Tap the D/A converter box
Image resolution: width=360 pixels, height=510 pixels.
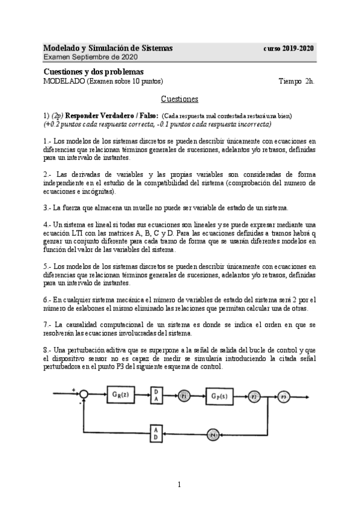pyautogui.click(x=157, y=378)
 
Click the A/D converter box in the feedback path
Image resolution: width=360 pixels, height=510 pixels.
pyautogui.click(x=156, y=432)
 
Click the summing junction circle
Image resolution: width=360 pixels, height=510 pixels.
pyautogui.click(x=85, y=378)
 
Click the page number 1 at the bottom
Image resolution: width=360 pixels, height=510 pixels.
pyautogui.click(x=179, y=484)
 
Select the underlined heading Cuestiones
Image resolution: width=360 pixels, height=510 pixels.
pyautogui.click(x=180, y=99)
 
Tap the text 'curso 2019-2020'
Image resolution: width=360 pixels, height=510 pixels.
pyautogui.click(x=289, y=48)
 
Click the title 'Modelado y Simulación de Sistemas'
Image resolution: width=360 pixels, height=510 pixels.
pyautogui.click(x=108, y=48)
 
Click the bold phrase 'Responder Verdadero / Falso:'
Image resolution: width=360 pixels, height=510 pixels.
pyautogui.click(x=112, y=115)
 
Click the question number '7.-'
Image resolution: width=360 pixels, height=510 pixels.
pyautogui.click(x=48, y=324)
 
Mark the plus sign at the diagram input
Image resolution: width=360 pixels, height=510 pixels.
pyautogui.click(x=74, y=373)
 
